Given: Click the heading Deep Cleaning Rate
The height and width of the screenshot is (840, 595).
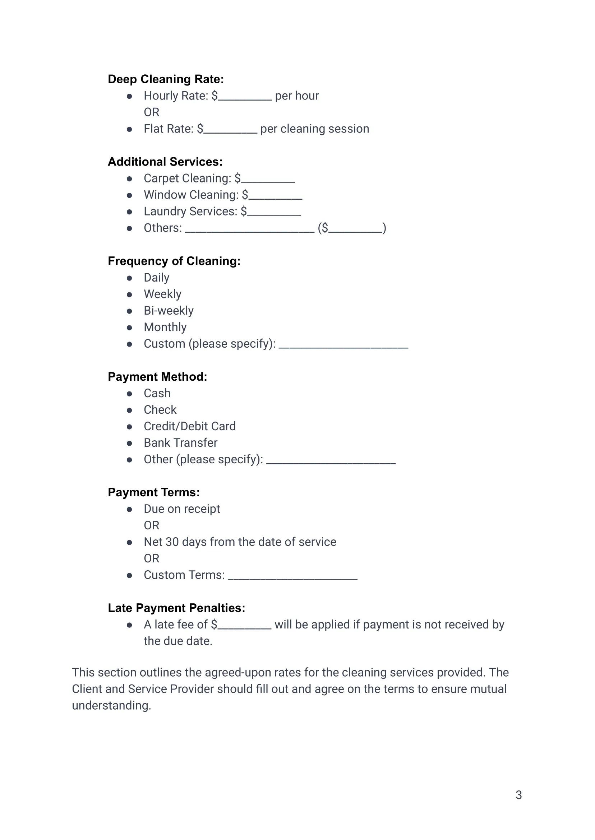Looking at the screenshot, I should pos(166,79).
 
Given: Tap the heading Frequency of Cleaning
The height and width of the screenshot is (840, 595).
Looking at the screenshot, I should pos(174,261).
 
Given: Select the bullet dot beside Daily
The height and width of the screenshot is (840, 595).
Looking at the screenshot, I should pos(129,278).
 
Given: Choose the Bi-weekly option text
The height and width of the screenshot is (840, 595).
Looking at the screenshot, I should pos(169,311).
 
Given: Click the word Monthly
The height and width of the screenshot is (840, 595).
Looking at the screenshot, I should pos(165,327).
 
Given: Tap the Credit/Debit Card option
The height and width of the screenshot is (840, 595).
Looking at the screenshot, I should pos(189,426).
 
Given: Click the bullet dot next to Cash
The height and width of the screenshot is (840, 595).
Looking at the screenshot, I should pos(129,394).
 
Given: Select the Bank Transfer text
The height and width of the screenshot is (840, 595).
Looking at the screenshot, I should pos(181,443).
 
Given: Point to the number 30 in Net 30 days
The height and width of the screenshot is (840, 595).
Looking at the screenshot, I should pos(172,542).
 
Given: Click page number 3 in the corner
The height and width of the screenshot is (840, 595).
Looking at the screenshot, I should pos(518,795).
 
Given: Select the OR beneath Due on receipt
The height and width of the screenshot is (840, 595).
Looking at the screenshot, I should pos(152,525).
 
